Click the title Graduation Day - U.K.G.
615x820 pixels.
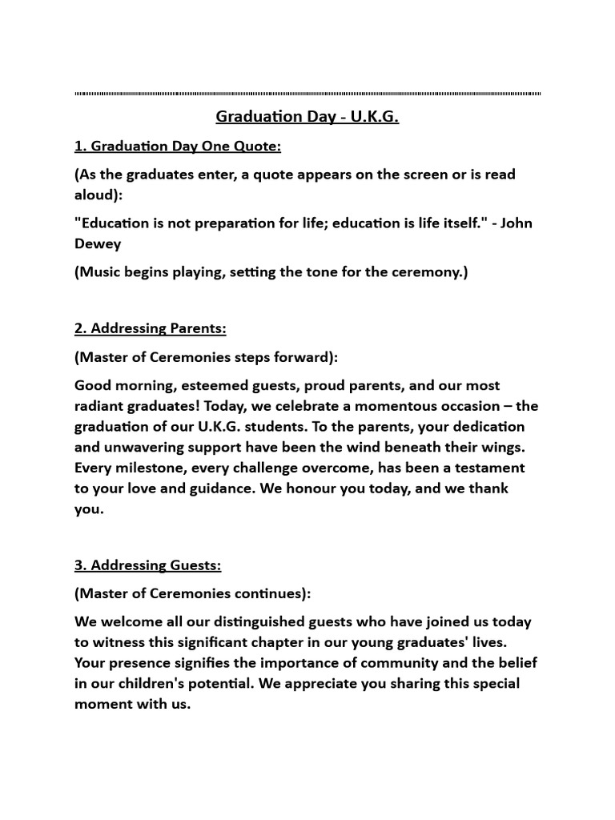pos(307,118)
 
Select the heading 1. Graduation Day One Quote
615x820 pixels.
pos(178,147)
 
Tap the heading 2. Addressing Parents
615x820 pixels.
pos(151,328)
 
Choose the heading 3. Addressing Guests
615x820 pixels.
pos(147,565)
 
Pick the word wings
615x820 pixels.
pos(503,447)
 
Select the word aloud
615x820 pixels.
pos(96,195)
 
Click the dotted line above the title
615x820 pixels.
pos(307,94)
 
